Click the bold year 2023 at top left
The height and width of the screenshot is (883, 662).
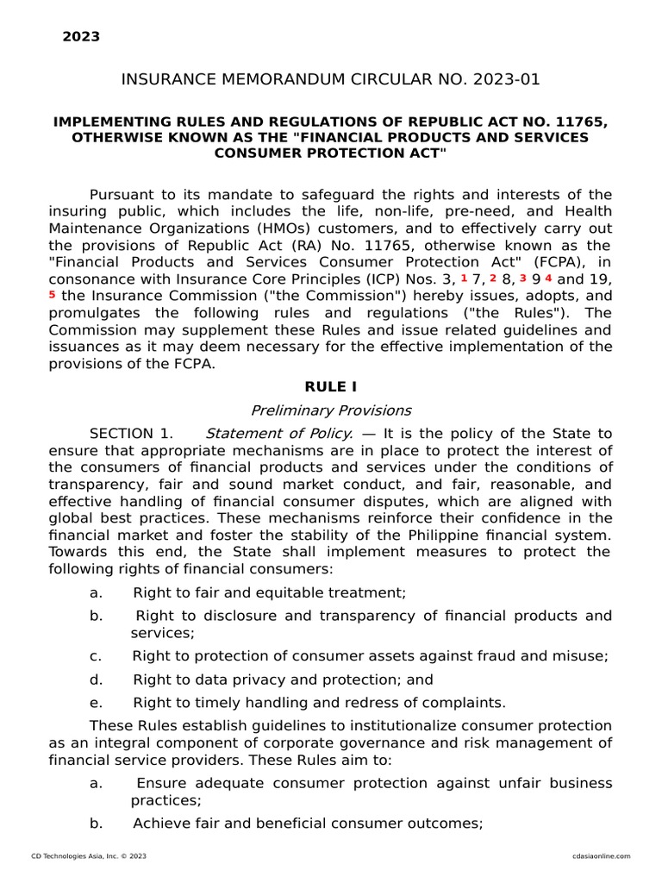[81, 36]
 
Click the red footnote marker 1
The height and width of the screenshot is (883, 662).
[464, 278]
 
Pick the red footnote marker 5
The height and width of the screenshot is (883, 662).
[53, 294]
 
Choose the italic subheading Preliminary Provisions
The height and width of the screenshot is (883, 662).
[331, 410]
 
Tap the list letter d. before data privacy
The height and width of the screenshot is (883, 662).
[96, 679]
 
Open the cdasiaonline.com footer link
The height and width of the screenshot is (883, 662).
[601, 856]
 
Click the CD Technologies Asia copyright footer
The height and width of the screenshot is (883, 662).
[89, 856]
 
